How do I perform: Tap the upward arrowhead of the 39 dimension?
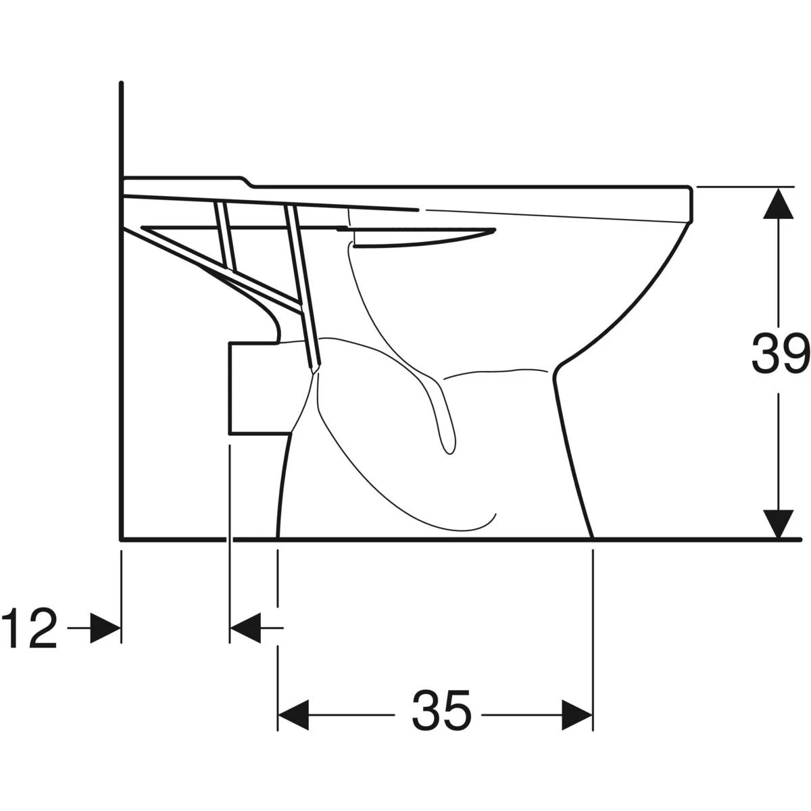click(778, 203)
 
